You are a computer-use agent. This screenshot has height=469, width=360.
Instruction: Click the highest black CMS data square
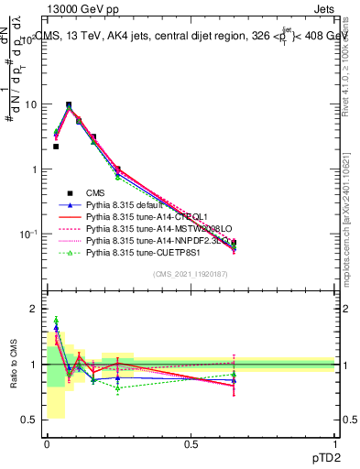point(69,105)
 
